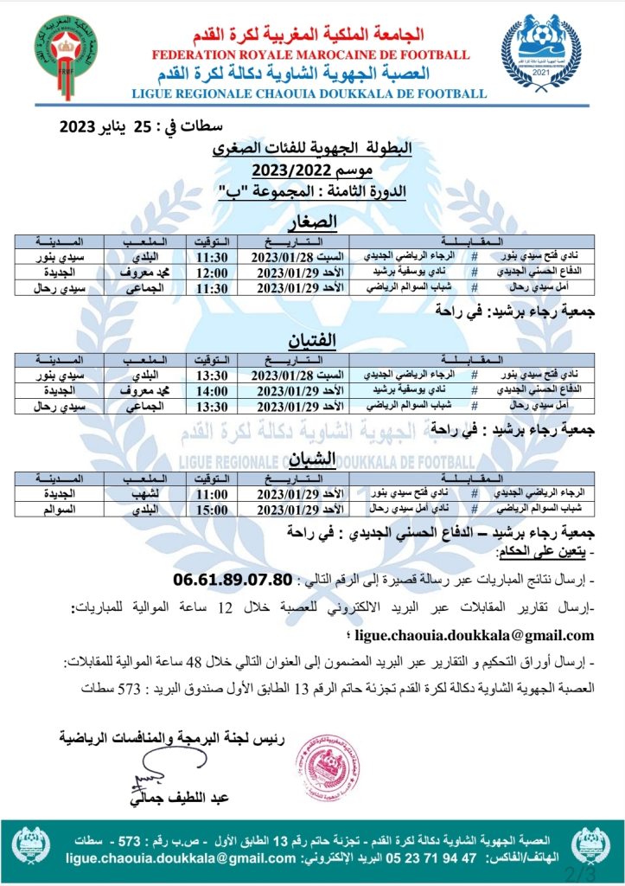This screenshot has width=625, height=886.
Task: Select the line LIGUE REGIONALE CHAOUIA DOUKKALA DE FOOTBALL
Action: coord(309,93)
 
